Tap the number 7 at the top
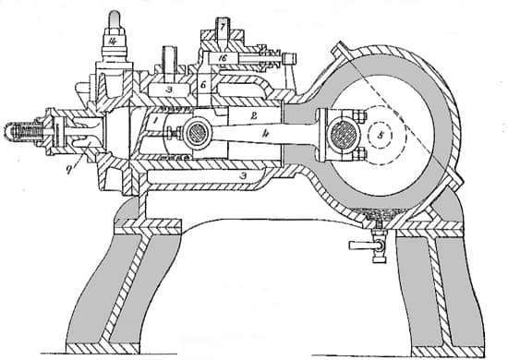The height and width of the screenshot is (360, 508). (224, 27)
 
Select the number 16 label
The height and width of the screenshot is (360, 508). (223, 57)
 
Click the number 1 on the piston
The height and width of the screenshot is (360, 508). (156, 120)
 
